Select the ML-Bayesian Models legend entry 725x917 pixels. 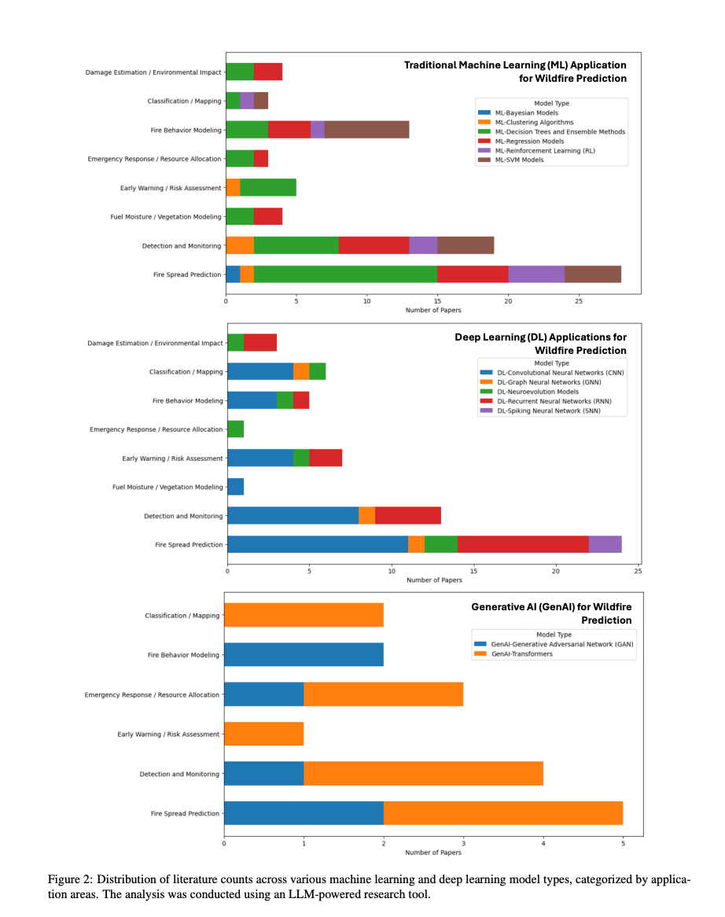click(523, 112)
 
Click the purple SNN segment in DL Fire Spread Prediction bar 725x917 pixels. click(605, 544)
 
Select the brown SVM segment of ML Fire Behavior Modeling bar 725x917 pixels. click(366, 130)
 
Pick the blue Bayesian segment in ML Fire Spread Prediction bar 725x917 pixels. click(233, 274)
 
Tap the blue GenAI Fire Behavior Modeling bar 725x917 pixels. click(304, 654)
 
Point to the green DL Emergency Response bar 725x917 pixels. click(235, 429)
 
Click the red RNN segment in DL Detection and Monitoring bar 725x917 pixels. click(408, 515)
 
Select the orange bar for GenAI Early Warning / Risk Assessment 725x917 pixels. click(263, 734)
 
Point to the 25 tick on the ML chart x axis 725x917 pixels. click(579, 301)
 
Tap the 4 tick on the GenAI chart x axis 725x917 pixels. click(543, 843)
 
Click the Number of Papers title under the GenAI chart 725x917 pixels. click(433, 853)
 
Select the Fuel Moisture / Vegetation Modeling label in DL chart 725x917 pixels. click(167, 487)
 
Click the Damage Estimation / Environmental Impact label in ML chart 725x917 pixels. click(153, 72)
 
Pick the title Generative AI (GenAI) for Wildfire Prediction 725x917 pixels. click(551, 613)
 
